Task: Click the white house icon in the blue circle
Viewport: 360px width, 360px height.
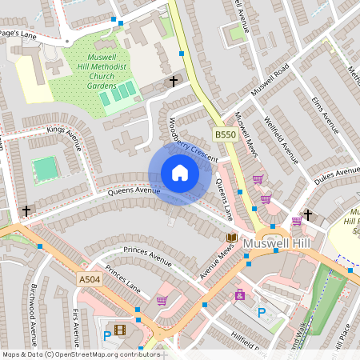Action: (x=180, y=173)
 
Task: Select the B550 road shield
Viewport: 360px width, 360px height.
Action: (x=226, y=135)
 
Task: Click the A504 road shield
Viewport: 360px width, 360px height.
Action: (x=90, y=279)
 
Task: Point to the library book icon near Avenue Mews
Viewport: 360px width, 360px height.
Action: (x=231, y=238)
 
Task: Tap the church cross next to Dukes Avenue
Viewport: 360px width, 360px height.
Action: (x=306, y=215)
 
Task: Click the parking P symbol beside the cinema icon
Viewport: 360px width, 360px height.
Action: (x=107, y=336)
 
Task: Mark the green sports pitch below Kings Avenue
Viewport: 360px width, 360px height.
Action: (x=45, y=169)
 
